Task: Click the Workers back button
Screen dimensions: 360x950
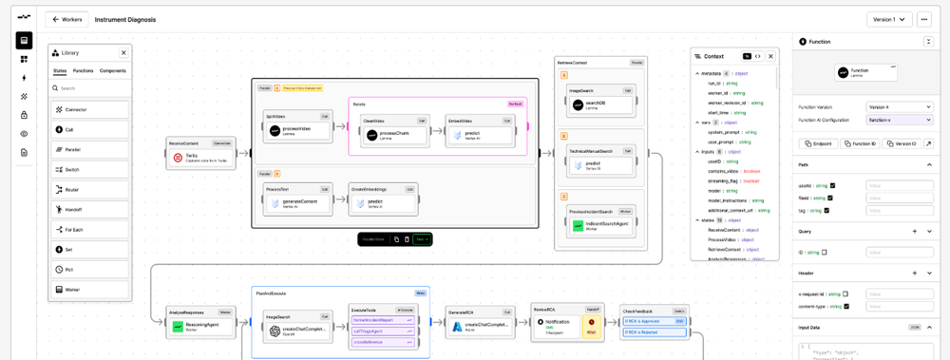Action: pyautogui.click(x=66, y=19)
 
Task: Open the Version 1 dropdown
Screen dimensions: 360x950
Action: pyautogui.click(x=889, y=19)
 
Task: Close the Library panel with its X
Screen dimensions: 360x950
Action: pyautogui.click(x=123, y=53)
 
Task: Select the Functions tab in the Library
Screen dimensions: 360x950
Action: pyautogui.click(x=84, y=71)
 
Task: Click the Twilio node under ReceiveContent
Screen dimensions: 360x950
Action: pyautogui.click(x=200, y=158)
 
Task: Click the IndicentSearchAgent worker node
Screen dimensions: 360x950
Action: pyautogui.click(x=602, y=226)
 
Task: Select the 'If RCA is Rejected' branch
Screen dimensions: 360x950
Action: pyautogui.click(x=654, y=332)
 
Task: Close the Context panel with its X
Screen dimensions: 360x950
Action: pyautogui.click(x=770, y=57)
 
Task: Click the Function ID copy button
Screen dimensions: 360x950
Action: pyautogui.click(x=861, y=143)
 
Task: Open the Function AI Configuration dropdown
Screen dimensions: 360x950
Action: pyautogui.click(x=899, y=120)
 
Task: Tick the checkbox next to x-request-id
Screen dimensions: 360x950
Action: pyautogui.click(x=845, y=294)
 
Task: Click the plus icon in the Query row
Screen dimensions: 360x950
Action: pyautogui.click(x=915, y=231)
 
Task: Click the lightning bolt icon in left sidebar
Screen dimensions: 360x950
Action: pyautogui.click(x=24, y=78)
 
